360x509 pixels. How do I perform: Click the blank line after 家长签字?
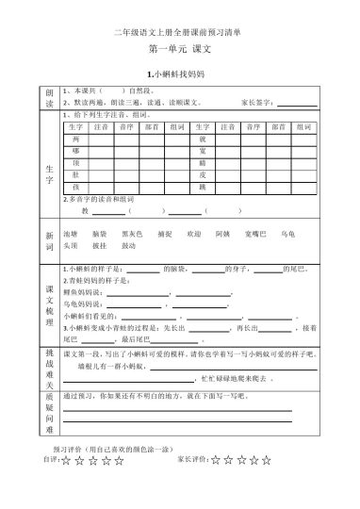point(296,104)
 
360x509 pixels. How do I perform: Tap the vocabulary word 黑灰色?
point(132,232)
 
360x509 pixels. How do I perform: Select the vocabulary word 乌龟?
point(287,232)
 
